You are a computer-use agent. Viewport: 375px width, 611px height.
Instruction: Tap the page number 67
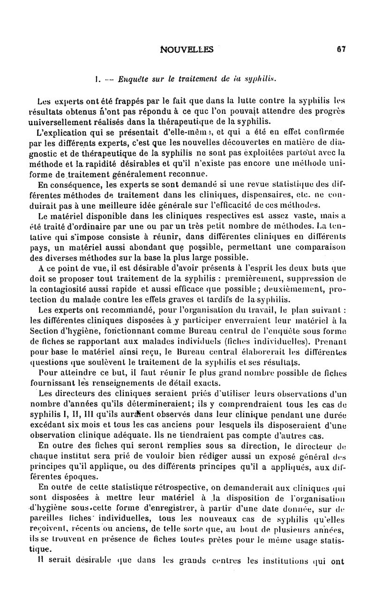(x=341, y=48)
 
